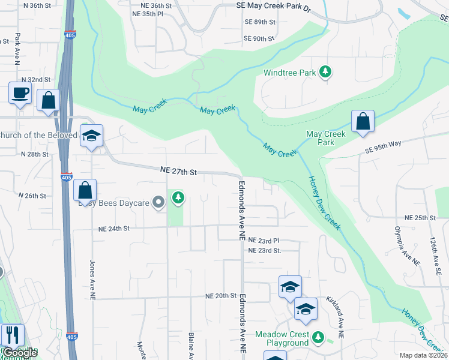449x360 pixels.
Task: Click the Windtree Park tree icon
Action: (325, 73)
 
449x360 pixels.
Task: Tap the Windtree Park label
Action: (289, 73)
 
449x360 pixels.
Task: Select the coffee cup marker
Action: (20, 94)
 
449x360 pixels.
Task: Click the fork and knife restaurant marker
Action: (13, 335)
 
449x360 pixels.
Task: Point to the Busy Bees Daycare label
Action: (114, 203)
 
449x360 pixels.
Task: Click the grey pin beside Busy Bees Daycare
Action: (158, 202)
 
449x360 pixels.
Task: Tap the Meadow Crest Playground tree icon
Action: (319, 338)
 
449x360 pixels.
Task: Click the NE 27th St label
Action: (179, 172)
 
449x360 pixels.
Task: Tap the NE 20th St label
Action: (221, 296)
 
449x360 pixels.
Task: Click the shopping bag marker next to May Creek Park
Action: (363, 121)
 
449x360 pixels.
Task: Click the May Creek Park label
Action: (326, 139)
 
